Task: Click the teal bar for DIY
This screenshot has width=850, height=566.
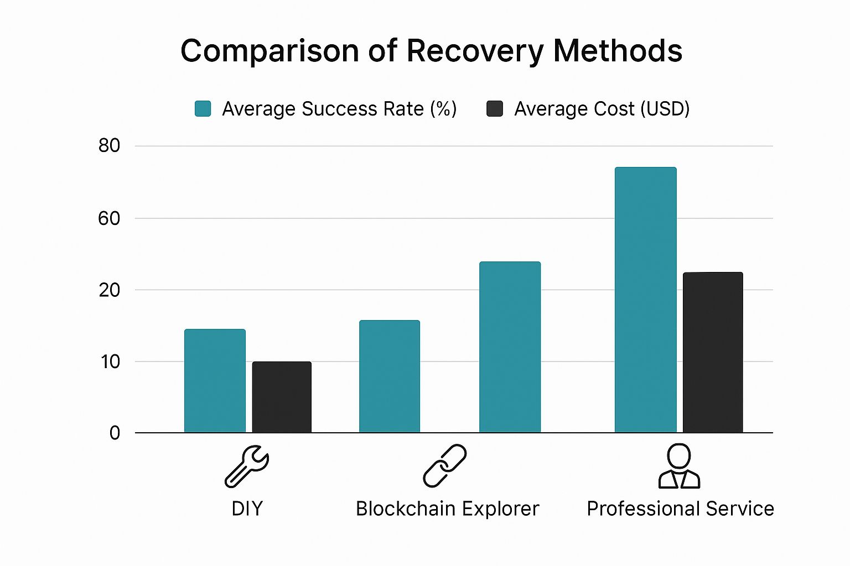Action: (215, 381)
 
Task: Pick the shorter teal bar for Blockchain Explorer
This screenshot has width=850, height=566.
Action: (390, 376)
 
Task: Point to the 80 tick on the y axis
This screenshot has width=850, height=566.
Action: (109, 146)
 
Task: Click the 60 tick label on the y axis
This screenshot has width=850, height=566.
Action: (109, 218)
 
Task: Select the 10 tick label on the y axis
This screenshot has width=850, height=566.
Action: (110, 361)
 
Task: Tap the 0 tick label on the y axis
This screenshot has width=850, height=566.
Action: (115, 433)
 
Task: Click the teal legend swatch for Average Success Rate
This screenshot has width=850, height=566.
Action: (203, 109)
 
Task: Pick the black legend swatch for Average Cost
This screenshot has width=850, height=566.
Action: (494, 109)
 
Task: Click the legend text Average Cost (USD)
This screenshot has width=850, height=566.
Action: (602, 109)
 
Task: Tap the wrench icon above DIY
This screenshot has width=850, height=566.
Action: (246, 466)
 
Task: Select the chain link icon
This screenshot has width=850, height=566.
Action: (445, 466)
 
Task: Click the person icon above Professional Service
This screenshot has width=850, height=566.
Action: (679, 466)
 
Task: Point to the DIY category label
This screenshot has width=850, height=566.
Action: (247, 509)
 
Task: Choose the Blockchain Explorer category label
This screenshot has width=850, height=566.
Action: (447, 509)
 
